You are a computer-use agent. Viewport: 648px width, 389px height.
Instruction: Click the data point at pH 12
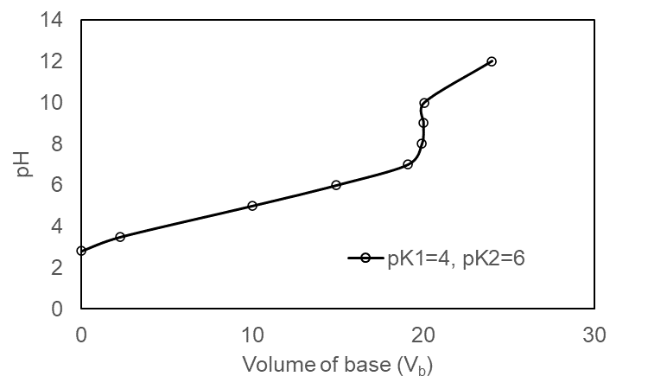point(492,61)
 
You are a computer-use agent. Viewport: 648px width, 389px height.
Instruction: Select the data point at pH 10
point(424,103)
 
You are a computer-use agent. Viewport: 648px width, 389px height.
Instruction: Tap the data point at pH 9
point(423,123)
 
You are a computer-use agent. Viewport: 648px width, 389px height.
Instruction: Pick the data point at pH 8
point(422,143)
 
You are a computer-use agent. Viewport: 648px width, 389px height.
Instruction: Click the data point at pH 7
point(408,164)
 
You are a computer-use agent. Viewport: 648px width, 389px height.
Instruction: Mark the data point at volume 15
point(336,185)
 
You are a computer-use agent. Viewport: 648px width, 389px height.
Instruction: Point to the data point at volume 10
point(252,206)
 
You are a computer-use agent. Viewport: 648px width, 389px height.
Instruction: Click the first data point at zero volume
point(81,251)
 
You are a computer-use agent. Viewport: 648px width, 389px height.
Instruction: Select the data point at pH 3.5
point(120,237)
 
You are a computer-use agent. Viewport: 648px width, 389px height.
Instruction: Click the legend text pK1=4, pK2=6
point(454,258)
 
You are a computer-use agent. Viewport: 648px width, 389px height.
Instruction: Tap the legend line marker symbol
point(365,258)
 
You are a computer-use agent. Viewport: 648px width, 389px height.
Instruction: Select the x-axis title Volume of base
point(337,364)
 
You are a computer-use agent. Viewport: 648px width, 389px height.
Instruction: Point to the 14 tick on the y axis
point(53,20)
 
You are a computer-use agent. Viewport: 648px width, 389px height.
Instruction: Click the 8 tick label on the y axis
point(58,143)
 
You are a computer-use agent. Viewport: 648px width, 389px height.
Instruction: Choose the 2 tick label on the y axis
point(58,267)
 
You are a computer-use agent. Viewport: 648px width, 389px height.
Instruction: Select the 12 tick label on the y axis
point(53,61)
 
